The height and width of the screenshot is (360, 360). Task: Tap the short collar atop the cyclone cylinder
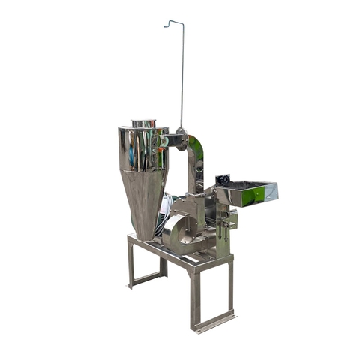(143, 123)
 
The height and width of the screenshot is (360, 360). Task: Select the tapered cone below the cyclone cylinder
(145, 199)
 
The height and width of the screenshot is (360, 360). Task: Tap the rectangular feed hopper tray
(251, 193)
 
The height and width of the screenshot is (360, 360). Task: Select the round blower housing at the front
(180, 232)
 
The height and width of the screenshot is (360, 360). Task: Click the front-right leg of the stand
(196, 296)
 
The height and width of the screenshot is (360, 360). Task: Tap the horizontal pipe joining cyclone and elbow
(171, 139)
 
